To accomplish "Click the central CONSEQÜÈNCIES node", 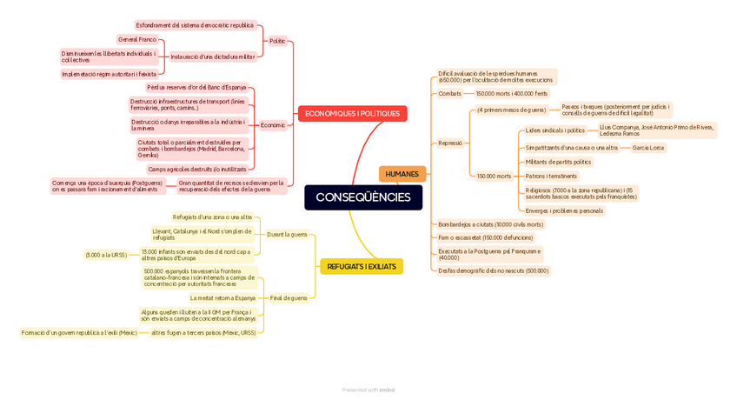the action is tap(363, 197).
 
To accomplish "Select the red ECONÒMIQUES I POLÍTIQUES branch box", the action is tap(352, 114).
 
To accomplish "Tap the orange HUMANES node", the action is tap(402, 174).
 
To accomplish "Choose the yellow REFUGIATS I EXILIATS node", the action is tap(361, 266).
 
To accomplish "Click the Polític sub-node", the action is tap(277, 41).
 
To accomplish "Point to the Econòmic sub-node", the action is tap(272, 125).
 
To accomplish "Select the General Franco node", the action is tap(137, 39).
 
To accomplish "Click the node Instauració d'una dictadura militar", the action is tap(213, 57).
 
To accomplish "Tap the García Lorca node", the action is tap(647, 148).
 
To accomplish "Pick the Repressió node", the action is tap(450, 143).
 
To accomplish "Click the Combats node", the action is tap(450, 94).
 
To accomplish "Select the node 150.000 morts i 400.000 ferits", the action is tap(512, 94).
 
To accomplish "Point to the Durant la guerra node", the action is tap(287, 234).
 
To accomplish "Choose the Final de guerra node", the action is tap(289, 298).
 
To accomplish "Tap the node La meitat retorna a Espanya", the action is tap(222, 298).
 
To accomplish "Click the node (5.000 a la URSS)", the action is tap(106, 255).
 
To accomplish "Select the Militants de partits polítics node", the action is tap(558, 162).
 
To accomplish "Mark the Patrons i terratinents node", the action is tap(551, 177).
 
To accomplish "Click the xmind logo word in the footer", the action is tap(387, 390).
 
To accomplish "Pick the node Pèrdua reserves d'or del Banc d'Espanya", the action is tap(196, 87).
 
